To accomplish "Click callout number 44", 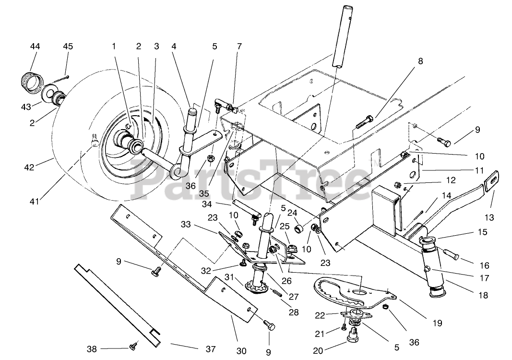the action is click(35, 47).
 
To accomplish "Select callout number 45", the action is click(68, 47).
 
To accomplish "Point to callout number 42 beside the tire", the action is click(29, 167).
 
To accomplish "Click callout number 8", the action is click(420, 61).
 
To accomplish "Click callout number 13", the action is click(489, 217).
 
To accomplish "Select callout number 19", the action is click(437, 323).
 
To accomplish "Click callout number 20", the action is click(318, 350).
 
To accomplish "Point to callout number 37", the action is click(211, 349).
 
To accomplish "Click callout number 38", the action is click(92, 349).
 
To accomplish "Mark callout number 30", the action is click(241, 351).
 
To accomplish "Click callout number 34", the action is click(207, 204).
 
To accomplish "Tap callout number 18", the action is click(483, 295).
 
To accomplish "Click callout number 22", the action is click(320, 315).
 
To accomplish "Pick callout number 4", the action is click(174, 47).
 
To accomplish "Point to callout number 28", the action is click(294, 312).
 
